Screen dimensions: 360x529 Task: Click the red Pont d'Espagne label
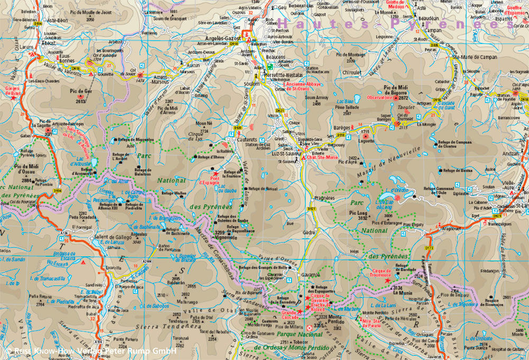point(208,181)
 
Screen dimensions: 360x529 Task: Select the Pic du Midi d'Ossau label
point(22,168)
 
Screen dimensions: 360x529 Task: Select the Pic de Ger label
point(81,91)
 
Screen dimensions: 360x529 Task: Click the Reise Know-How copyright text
point(90,350)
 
